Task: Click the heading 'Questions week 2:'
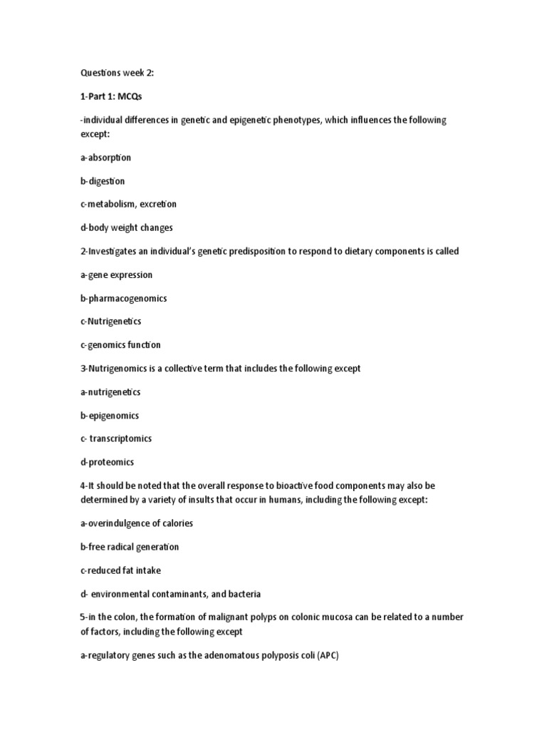114,73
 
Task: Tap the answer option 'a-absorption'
105,158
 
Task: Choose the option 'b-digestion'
103,181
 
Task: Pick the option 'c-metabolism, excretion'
128,205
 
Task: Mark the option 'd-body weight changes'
127,228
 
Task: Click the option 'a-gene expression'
116,275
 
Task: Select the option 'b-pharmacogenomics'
123,299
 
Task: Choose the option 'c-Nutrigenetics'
110,322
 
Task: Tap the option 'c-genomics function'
120,345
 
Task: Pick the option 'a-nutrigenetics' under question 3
110,392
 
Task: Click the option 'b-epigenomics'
110,416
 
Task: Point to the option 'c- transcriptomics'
116,439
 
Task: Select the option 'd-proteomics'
107,463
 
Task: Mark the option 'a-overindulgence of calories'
137,524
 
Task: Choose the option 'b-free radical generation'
129,547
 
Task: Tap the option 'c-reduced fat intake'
115,571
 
